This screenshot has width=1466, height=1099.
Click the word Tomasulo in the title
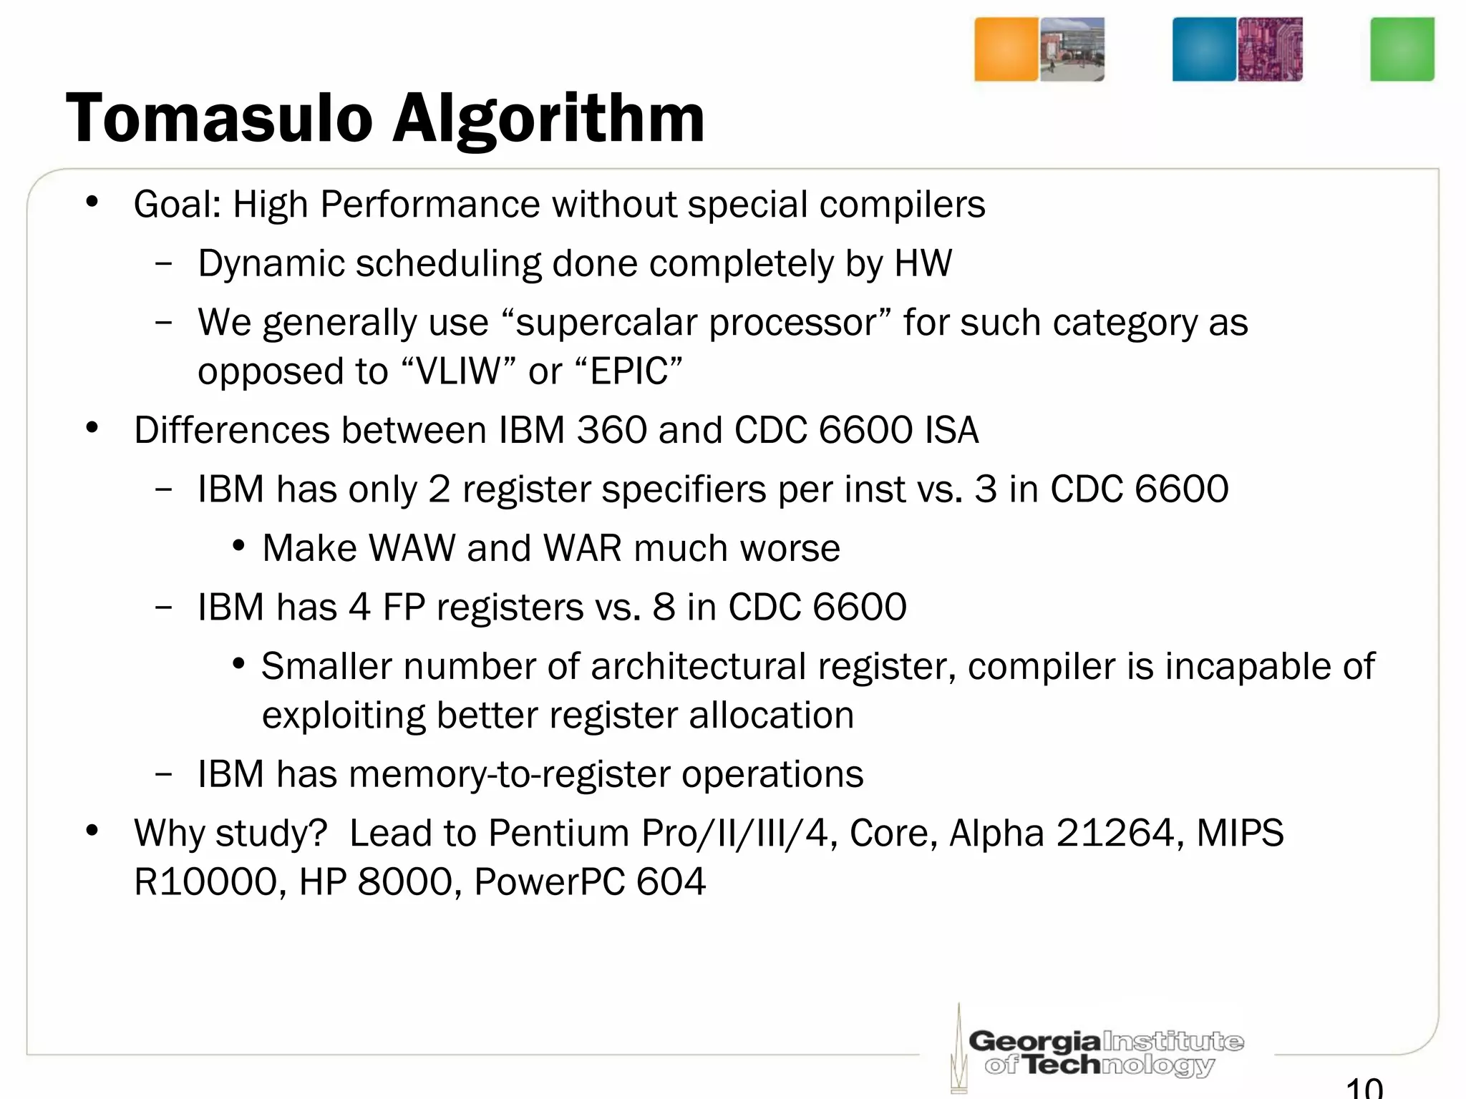coord(219,119)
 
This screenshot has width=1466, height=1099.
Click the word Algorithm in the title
coord(548,120)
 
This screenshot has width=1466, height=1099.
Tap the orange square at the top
coord(1006,49)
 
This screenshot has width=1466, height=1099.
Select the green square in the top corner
coord(1402,49)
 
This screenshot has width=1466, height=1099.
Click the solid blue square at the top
coord(1204,49)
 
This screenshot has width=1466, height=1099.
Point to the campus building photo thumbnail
coord(1072,49)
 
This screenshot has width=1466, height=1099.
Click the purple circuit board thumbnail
coord(1270,49)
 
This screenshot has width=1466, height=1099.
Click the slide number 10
coord(1364,1088)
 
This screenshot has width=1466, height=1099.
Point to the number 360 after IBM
coord(611,430)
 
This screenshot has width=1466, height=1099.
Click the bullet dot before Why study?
coord(92,831)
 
